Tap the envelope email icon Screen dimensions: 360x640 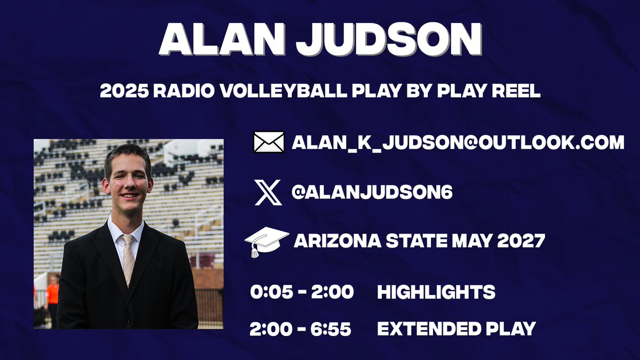pyautogui.click(x=268, y=142)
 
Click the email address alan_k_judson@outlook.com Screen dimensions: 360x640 pyautogui.click(x=458, y=142)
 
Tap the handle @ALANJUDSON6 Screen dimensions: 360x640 pyautogui.click(x=372, y=193)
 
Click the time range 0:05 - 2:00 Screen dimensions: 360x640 pyautogui.click(x=301, y=292)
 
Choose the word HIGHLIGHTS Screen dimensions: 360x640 pyautogui.click(x=436, y=292)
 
